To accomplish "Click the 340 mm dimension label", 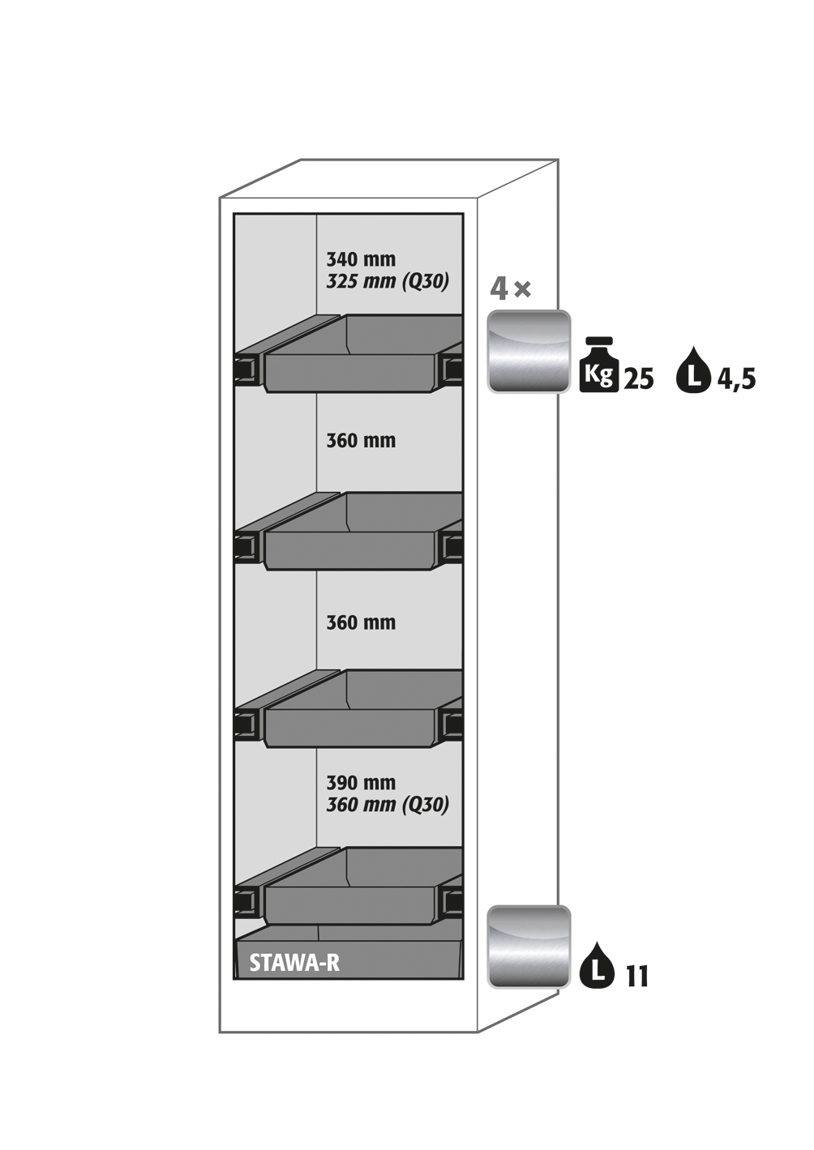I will pos(361,259).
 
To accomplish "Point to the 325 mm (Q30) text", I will pos(388,281).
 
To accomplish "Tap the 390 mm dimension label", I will pos(361,783).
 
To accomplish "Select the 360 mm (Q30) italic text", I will pos(388,805).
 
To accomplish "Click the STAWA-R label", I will pos(294,963).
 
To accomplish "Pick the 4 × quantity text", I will pos(510,288).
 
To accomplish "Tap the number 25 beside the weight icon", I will pos(639,379).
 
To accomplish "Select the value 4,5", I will pos(736,379).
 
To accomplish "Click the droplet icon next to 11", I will pos(598,966).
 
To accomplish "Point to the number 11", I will pos(637,977).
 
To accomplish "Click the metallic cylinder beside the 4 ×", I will pos(529,352).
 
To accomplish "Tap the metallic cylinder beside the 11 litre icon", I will pos(529,947).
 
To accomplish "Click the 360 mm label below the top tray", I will pos(361,441).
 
